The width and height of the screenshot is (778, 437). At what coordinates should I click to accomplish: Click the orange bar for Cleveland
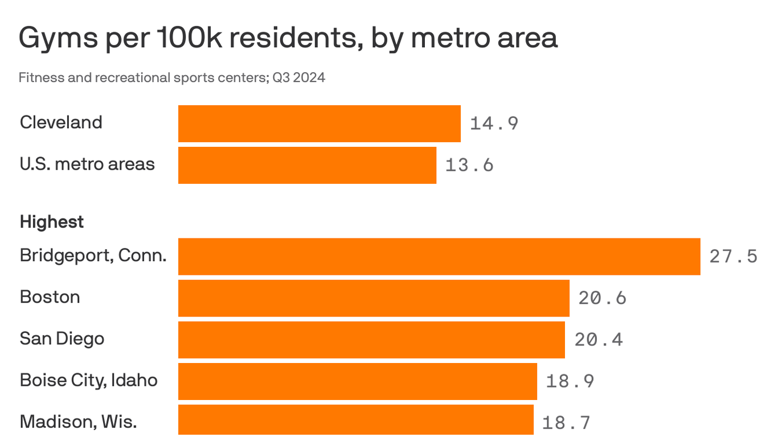click(319, 123)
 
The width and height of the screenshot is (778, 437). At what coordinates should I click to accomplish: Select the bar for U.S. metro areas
click(307, 165)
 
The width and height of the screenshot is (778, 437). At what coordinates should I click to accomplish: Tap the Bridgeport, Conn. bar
click(439, 257)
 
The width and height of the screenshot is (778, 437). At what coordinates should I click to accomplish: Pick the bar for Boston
click(374, 298)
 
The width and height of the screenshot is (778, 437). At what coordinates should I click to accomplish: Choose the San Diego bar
click(371, 340)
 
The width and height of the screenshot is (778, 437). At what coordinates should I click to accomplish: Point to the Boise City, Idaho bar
click(358, 381)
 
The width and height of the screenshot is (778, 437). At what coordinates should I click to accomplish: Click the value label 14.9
click(494, 123)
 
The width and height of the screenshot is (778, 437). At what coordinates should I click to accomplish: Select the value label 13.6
click(469, 165)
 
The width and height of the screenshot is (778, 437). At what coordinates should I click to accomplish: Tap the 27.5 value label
click(734, 257)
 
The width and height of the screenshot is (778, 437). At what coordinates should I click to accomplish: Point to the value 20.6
click(603, 298)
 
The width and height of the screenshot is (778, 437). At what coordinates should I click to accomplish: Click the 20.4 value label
click(599, 340)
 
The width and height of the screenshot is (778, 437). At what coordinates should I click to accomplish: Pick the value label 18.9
click(570, 381)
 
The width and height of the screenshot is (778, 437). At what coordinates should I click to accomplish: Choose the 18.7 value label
click(567, 423)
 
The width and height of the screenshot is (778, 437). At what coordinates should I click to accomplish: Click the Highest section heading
click(52, 222)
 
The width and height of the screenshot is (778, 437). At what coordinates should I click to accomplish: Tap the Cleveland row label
click(61, 122)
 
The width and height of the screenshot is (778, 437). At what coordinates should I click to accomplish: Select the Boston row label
click(50, 297)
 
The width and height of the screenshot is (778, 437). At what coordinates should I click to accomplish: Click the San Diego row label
click(62, 339)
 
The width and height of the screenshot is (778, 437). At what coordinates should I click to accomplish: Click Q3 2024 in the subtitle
click(298, 77)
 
